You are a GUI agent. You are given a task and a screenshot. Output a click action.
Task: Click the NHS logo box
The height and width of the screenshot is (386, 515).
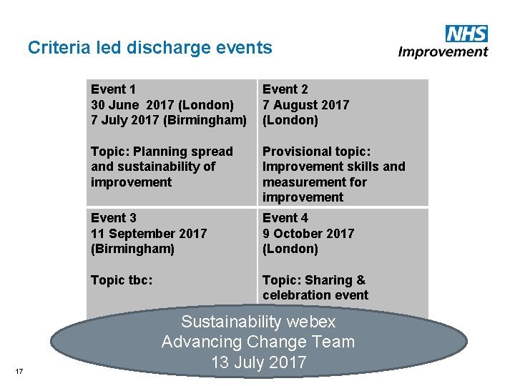click(466, 34)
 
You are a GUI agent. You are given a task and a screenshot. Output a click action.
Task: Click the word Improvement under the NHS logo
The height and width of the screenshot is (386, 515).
click(443, 51)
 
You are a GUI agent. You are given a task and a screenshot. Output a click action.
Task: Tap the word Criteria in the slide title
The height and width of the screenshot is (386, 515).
click(56, 48)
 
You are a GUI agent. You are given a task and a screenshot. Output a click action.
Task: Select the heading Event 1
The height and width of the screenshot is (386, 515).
click(113, 89)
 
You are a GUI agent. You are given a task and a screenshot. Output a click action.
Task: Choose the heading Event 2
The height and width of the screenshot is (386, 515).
click(285, 89)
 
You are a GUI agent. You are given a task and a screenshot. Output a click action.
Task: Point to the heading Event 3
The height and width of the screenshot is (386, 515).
click(113, 218)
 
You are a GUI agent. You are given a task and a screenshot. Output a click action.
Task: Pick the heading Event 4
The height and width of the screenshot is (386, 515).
click(285, 218)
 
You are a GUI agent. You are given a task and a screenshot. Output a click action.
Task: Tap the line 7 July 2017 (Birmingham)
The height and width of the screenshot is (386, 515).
click(168, 120)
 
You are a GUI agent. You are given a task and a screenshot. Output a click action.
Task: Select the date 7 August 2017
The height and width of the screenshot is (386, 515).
click(305, 105)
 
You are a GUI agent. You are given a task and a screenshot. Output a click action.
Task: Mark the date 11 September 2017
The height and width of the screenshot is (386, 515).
click(149, 234)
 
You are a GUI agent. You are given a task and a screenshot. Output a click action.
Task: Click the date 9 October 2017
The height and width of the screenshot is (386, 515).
click(308, 234)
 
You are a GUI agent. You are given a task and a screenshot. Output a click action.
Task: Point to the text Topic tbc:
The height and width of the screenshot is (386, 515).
click(122, 280)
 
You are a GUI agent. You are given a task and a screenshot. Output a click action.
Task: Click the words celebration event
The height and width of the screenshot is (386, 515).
click(315, 295)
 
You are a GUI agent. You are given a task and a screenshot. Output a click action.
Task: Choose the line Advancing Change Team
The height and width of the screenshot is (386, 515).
click(258, 342)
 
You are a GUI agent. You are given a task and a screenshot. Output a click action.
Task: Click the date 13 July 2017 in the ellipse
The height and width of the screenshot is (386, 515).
click(258, 362)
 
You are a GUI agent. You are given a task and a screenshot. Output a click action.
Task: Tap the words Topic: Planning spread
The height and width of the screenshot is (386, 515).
click(162, 152)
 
